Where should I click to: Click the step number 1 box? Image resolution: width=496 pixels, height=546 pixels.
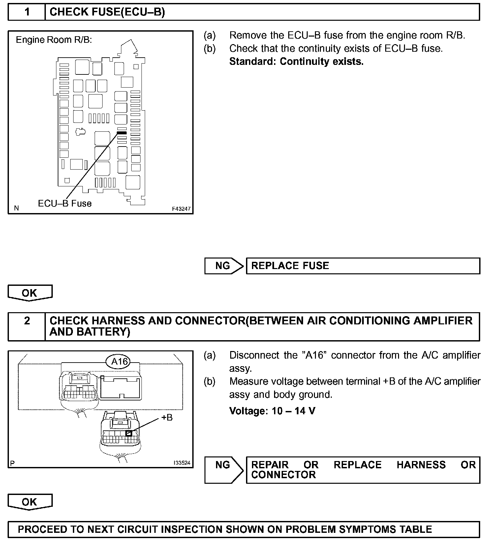point(27,12)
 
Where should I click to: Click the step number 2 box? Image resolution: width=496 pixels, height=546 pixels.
point(27,326)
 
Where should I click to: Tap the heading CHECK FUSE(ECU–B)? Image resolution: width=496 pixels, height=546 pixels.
point(107,12)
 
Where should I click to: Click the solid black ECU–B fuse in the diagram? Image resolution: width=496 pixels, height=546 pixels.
point(122,133)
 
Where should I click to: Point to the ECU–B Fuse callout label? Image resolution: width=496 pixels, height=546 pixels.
point(65,204)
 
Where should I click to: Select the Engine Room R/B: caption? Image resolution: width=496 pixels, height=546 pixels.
point(54,40)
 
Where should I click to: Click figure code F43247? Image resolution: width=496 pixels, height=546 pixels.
point(181,209)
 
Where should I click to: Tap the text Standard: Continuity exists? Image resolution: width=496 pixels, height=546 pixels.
point(296,62)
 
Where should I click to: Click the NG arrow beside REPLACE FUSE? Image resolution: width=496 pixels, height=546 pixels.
point(223,266)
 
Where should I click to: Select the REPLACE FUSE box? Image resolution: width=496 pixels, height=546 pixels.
point(363,266)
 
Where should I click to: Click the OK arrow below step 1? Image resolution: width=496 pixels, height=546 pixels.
point(30,293)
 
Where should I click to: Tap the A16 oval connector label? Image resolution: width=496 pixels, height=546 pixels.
point(119,362)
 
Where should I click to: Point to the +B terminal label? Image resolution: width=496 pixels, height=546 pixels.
point(167,418)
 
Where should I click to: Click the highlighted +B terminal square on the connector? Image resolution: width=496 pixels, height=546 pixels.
point(129,433)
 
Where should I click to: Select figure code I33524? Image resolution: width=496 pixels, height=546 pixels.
point(182,463)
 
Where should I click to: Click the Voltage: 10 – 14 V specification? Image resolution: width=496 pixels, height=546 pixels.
point(272,411)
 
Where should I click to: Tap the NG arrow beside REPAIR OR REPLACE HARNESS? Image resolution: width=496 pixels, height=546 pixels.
point(223,470)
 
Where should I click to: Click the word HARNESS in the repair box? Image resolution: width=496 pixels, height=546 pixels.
point(421,465)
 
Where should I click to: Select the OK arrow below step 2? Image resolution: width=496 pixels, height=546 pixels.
point(30,502)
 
